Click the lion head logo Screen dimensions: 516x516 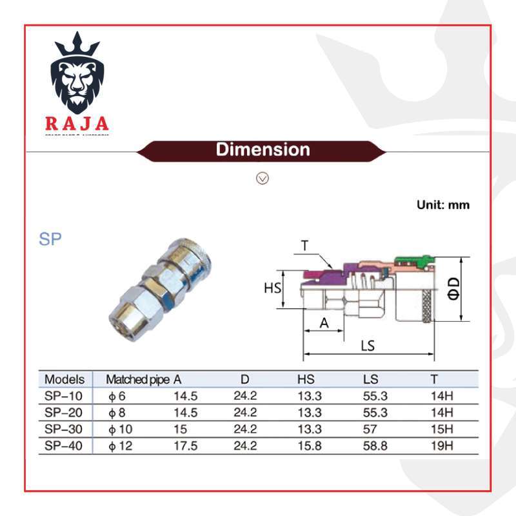click(x=77, y=76)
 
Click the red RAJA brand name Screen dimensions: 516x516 click(x=77, y=123)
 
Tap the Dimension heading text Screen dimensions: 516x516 click(x=263, y=150)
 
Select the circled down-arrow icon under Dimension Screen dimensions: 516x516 click(x=263, y=178)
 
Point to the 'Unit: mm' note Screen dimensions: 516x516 click(x=442, y=205)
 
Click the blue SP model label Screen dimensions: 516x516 click(x=50, y=239)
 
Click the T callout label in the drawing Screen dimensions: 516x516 click(x=304, y=245)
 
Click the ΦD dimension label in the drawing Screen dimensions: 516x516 click(x=454, y=288)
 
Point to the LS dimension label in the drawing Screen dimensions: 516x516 click(x=367, y=346)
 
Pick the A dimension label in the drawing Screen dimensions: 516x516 click(x=324, y=324)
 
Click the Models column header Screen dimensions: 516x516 click(x=64, y=379)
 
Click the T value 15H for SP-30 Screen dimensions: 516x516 click(x=442, y=429)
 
